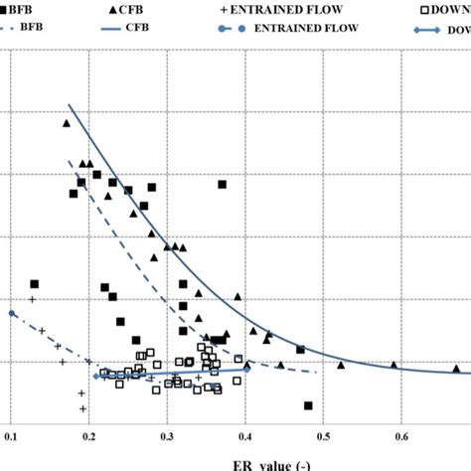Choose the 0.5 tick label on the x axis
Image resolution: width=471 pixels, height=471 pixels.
[x=324, y=435]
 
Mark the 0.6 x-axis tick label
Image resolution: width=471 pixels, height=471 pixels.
[x=402, y=435]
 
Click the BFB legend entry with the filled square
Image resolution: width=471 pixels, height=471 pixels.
[x=22, y=9]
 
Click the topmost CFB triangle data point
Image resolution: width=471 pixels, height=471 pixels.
[x=67, y=124]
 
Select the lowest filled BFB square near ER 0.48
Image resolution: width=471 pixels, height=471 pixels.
[x=308, y=405]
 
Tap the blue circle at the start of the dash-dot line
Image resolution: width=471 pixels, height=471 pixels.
[x=11, y=313]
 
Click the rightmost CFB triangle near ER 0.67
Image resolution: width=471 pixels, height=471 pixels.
[x=457, y=368]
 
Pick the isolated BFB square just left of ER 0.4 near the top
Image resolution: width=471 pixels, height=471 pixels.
[x=223, y=184]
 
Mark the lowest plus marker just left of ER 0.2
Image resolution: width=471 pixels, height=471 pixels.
[x=82, y=408]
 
